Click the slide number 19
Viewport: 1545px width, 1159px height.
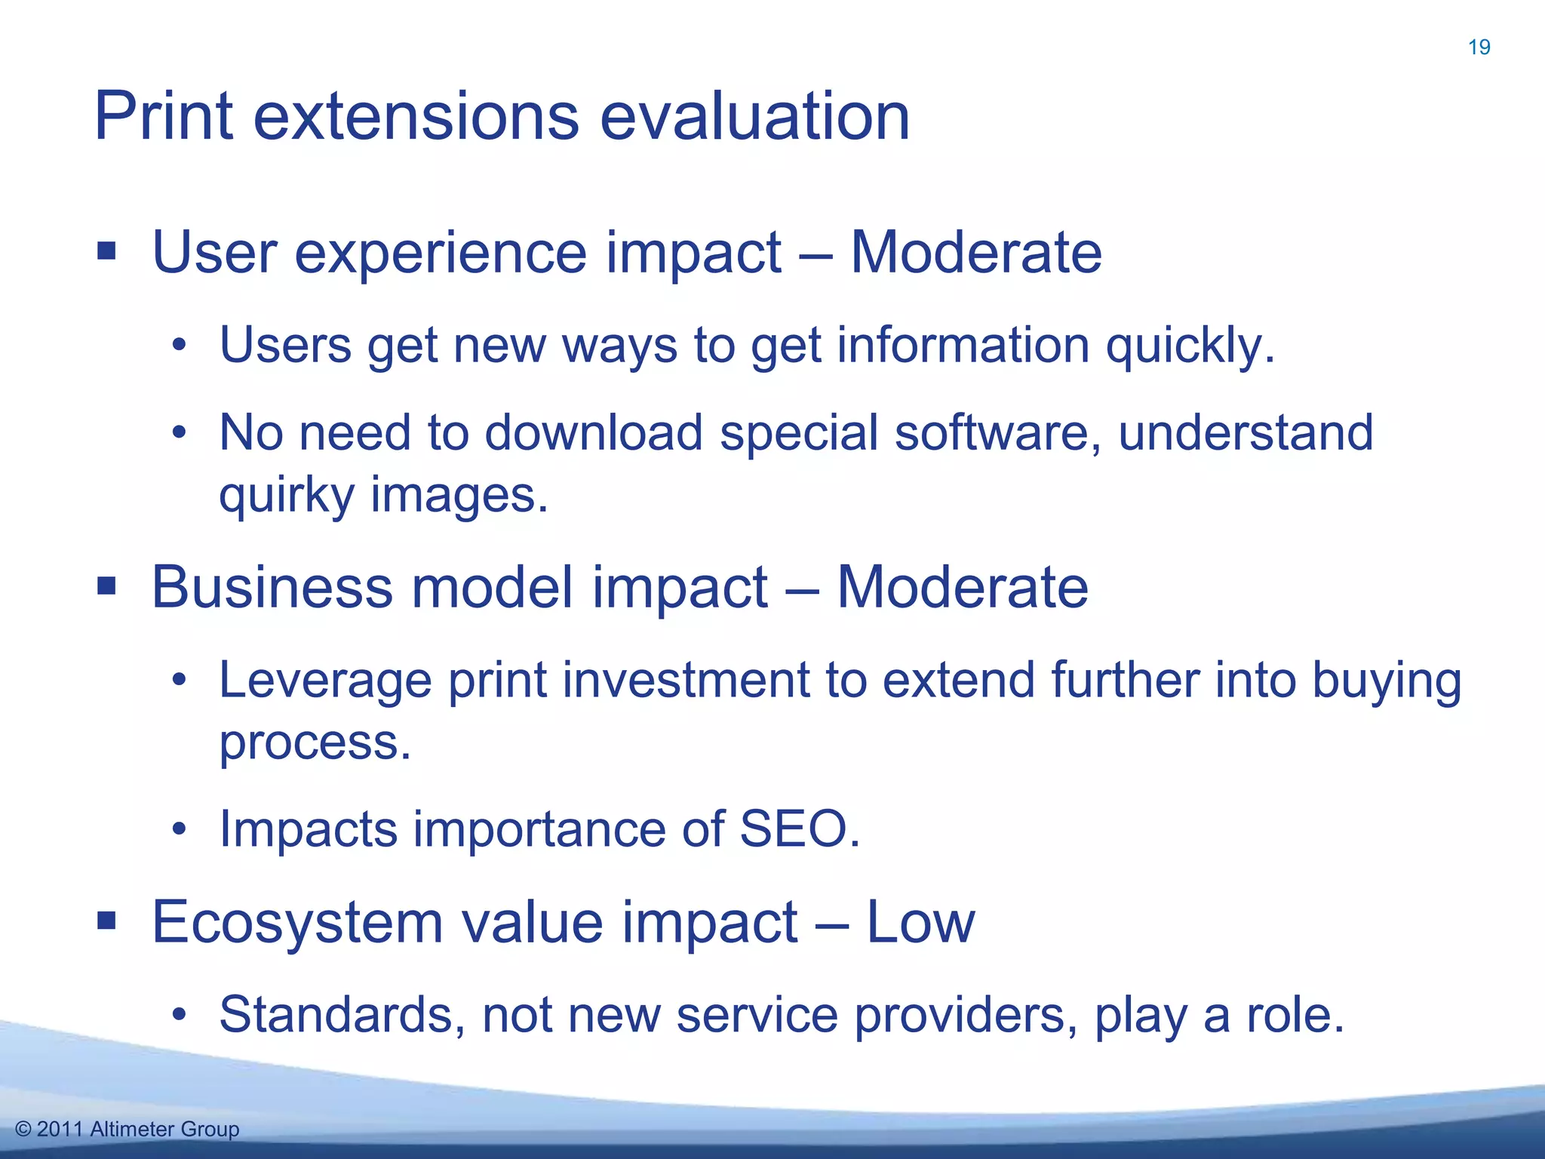point(1479,48)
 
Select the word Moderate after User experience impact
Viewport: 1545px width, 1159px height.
point(975,252)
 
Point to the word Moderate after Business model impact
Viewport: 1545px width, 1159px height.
point(962,587)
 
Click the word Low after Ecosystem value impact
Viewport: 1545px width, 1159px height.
point(920,922)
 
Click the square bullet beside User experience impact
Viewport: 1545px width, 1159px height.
point(106,251)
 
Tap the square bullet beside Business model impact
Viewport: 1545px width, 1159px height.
point(106,586)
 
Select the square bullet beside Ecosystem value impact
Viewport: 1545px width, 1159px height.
point(106,921)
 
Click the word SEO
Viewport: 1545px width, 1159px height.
point(799,829)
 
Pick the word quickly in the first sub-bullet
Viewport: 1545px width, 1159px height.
point(1190,346)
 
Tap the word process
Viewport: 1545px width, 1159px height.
point(315,743)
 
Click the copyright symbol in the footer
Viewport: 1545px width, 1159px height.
point(23,1130)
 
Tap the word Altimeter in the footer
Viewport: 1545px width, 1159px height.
point(132,1130)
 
